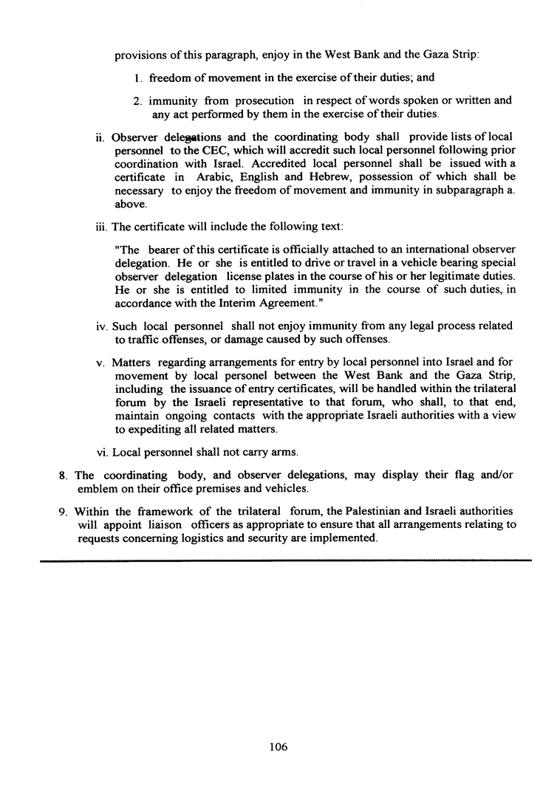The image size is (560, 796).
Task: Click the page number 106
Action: [x=278, y=747]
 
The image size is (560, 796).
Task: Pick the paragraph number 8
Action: [x=63, y=476]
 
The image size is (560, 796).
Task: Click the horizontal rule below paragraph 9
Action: [x=285, y=561]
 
